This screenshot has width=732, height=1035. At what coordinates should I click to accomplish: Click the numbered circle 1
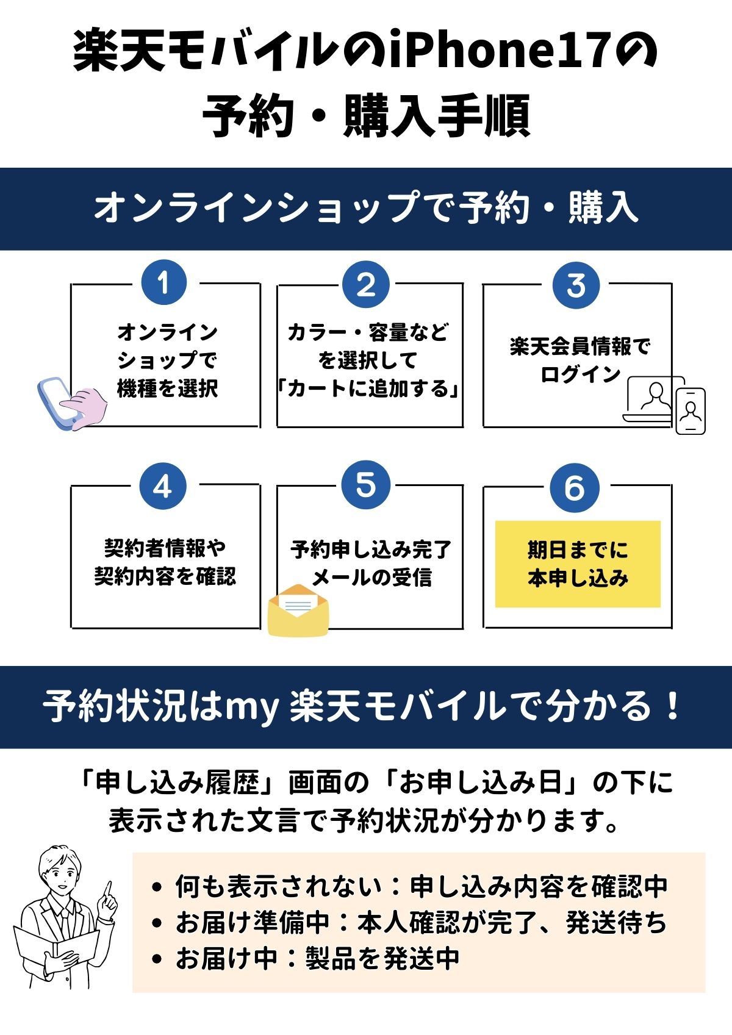(163, 283)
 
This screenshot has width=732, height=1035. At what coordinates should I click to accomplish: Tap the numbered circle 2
(365, 284)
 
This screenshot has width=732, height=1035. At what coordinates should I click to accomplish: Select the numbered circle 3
(576, 285)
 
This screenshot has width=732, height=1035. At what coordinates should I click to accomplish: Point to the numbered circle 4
(162, 487)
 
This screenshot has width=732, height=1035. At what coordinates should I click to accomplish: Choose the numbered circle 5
(365, 485)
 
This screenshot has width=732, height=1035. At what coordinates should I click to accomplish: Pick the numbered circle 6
(574, 488)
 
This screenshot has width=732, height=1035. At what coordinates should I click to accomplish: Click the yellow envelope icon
(298, 610)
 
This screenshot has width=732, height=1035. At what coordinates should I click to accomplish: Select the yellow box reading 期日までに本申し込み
(578, 564)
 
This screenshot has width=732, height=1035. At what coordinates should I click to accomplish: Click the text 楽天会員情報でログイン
(580, 360)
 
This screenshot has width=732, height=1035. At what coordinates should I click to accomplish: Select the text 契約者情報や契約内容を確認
(165, 562)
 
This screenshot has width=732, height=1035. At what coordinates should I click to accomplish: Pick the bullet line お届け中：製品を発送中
(317, 958)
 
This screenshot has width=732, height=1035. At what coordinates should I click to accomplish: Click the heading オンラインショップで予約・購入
(366, 208)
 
